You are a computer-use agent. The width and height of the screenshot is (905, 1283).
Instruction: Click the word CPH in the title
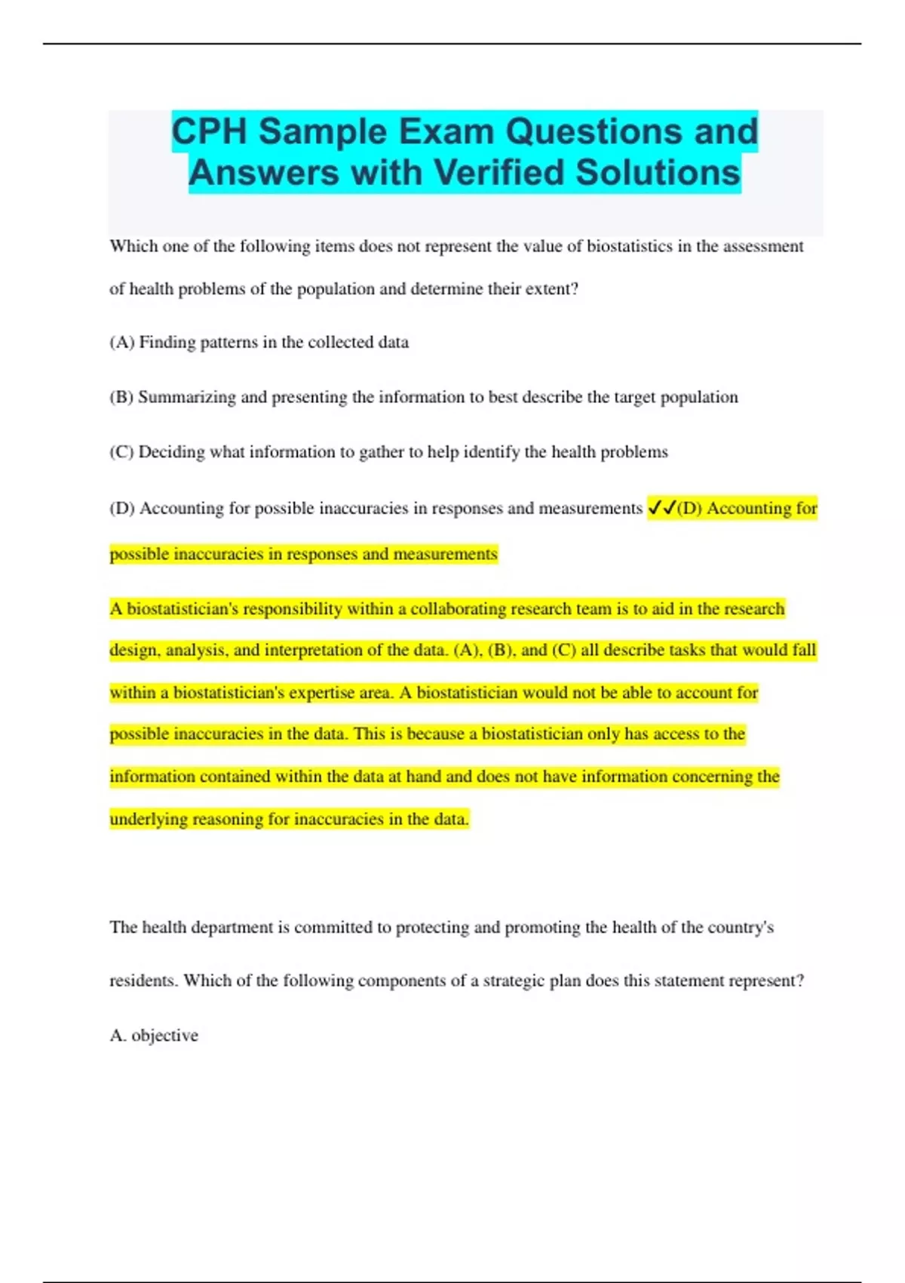pyautogui.click(x=209, y=131)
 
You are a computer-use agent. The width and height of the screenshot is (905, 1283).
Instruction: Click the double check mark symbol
pyautogui.click(x=661, y=508)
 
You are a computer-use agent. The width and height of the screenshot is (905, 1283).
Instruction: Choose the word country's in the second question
pyautogui.click(x=741, y=928)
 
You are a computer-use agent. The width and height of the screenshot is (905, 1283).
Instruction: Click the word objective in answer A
pyautogui.click(x=164, y=1035)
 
